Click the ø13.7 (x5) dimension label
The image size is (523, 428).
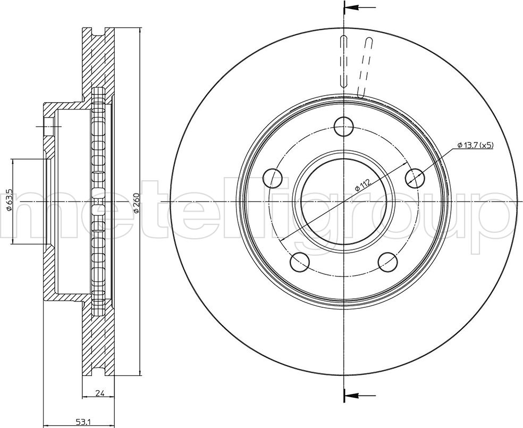click(475, 145)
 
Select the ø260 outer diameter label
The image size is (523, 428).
click(137, 203)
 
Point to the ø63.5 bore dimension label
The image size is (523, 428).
click(9, 199)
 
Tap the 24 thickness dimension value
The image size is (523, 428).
click(99, 393)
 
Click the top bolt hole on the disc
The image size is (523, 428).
click(344, 127)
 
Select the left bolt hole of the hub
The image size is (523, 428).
click(273, 178)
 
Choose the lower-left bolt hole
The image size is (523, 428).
click(300, 262)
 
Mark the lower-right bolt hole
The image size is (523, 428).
click(388, 262)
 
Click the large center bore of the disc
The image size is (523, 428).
click(344, 202)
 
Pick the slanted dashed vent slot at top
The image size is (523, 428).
click(364, 67)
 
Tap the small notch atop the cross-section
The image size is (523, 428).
click(98, 32)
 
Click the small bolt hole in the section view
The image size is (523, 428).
click(49, 127)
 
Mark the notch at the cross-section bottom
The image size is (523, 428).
click(98, 372)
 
